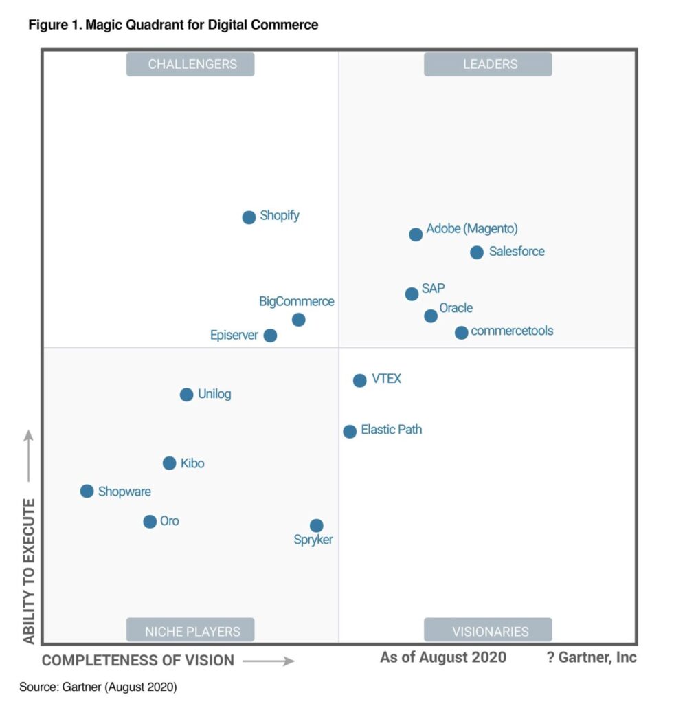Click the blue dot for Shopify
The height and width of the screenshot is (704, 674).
coord(249,217)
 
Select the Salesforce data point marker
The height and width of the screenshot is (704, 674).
coord(477,252)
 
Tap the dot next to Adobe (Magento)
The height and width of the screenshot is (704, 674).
coord(416,234)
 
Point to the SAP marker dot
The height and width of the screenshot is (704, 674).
coord(412,294)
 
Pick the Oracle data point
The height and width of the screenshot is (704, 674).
coord(431,316)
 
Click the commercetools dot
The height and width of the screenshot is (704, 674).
coord(462,333)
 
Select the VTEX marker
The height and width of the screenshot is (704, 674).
coord(359,380)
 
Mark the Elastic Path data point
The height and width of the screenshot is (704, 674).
coord(350,431)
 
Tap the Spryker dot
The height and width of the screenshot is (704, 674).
coord(316,526)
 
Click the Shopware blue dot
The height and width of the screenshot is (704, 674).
coord(87,491)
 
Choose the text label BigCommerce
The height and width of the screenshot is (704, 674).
coord(296,301)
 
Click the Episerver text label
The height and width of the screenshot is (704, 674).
coord(234,335)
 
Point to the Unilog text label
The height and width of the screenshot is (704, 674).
coord(214,394)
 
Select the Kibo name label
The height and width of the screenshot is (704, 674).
coord(192,463)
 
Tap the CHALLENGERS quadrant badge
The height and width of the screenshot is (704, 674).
coord(190,64)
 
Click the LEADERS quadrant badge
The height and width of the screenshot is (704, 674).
coord(488,64)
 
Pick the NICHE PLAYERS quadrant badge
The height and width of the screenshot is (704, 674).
coord(190,630)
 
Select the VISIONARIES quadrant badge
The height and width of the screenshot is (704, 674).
coord(488,630)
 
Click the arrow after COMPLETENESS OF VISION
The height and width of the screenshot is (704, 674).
coord(269,661)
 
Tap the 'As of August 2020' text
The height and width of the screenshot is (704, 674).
coord(443,657)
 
